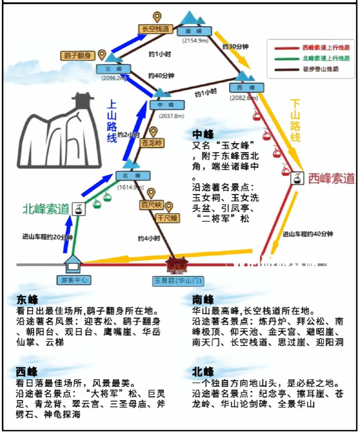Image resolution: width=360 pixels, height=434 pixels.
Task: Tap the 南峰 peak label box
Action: [195, 32]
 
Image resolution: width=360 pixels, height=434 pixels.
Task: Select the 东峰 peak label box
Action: [113, 69]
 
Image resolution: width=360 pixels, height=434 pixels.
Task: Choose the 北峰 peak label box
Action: [129, 176]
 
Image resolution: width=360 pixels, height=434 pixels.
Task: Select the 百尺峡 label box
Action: [151, 204]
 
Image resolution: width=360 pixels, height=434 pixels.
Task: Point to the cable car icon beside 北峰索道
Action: [78, 209]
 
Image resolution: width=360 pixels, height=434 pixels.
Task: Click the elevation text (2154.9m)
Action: [195, 40]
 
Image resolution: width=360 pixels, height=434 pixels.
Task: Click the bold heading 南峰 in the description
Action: [203, 299]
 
